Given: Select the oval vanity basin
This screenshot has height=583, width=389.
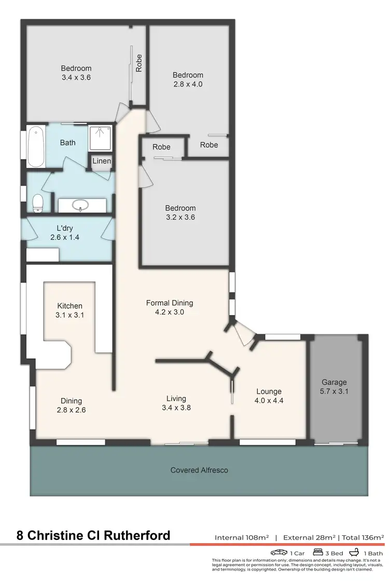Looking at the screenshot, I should coord(81,206).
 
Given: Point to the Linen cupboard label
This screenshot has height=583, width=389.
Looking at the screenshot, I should coord(102,161).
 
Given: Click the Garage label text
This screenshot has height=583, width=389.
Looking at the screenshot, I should coord(334,382).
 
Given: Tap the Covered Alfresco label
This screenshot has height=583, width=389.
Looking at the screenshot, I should coord(199,471).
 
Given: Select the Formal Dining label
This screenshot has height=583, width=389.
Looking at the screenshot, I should coord(170,303).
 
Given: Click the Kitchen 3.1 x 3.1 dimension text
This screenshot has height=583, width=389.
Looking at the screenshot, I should coord(70,315).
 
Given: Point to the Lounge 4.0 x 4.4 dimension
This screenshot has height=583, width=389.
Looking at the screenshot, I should coord(269,401).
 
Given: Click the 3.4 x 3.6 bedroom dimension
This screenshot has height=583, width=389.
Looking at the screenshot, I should coord(76,78).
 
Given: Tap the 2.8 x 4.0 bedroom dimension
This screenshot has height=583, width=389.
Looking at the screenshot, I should coord(188,84).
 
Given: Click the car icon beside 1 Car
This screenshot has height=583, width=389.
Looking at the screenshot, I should coord(279,552).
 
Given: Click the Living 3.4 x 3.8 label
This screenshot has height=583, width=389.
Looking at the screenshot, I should coord(176,403).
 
